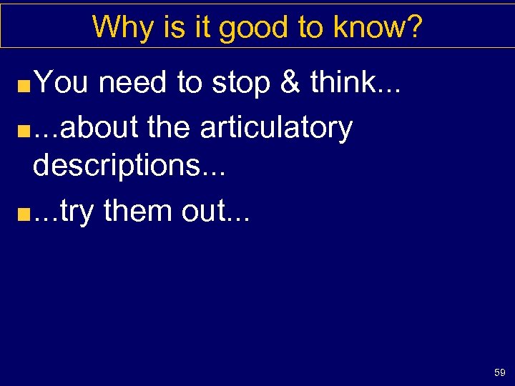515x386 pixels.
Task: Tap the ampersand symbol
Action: point(290,84)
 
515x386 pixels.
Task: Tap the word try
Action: point(77,212)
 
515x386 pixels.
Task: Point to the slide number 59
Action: point(499,372)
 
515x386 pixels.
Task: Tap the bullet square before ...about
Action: point(24,132)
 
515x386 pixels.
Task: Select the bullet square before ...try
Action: point(24,215)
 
